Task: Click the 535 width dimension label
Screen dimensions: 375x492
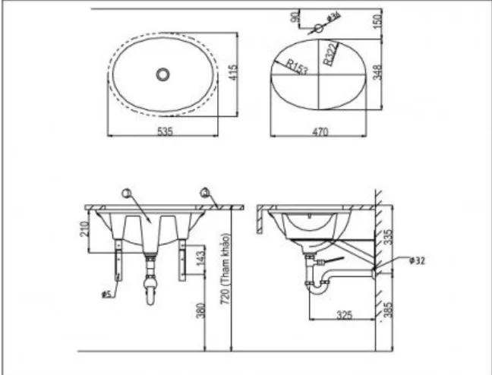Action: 166,131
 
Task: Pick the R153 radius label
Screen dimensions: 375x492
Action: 298,68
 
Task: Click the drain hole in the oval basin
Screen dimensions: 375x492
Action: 162,74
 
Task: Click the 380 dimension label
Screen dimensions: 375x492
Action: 200,311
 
